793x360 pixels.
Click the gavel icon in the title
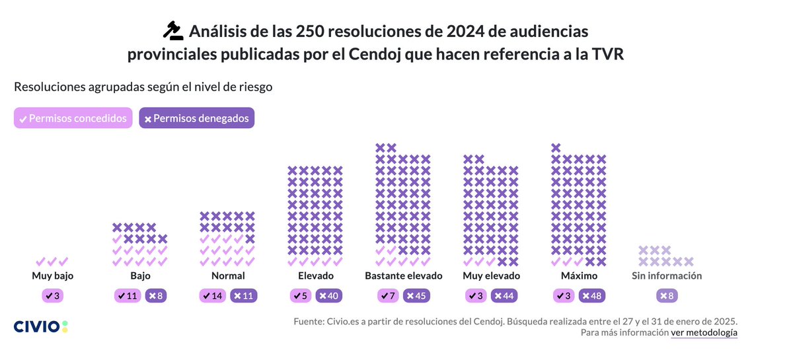[x=172, y=31]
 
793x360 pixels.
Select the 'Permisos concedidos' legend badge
[x=73, y=118]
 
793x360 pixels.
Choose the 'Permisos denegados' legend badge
[x=196, y=118]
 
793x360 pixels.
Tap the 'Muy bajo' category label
[x=52, y=276]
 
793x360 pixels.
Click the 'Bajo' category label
[x=139, y=276]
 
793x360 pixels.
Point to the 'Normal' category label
[x=227, y=276]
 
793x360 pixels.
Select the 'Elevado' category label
[x=315, y=276]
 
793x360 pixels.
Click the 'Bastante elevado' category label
[x=403, y=276]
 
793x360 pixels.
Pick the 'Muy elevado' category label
[x=491, y=276]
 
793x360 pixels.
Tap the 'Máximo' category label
[x=579, y=276]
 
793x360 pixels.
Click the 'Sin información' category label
[x=667, y=276]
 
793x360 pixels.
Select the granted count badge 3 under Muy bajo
[x=52, y=296]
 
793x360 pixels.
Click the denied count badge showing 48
[x=592, y=296]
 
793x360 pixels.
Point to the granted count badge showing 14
[x=212, y=296]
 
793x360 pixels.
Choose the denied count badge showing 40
[x=329, y=296]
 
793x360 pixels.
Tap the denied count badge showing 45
[x=416, y=296]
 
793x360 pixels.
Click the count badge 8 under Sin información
[x=667, y=296]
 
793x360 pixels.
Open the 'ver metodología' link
[x=704, y=333]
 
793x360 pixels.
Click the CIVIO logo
[x=41, y=326]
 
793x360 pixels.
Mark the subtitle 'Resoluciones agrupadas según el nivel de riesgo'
[x=143, y=87]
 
